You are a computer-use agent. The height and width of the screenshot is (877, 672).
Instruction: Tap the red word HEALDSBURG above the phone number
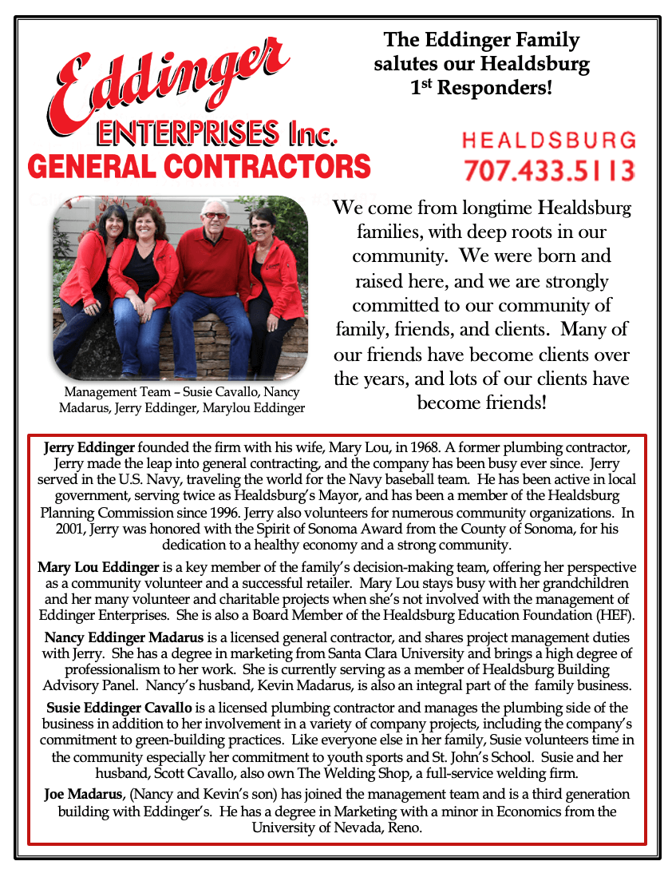(549, 141)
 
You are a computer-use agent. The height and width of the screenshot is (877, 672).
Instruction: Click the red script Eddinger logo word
(172, 80)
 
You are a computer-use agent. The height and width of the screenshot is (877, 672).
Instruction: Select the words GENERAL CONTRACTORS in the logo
(200, 166)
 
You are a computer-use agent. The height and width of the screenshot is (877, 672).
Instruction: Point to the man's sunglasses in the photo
(214, 216)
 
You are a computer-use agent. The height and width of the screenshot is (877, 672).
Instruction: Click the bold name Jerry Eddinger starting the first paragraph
(89, 446)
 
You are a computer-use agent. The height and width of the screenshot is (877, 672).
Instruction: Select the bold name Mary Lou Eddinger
(99, 568)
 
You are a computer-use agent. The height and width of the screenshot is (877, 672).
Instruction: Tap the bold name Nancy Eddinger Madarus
(125, 637)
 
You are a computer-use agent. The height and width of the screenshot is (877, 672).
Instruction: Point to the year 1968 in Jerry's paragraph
(422, 446)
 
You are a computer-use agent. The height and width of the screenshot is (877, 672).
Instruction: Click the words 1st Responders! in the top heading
(480, 87)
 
